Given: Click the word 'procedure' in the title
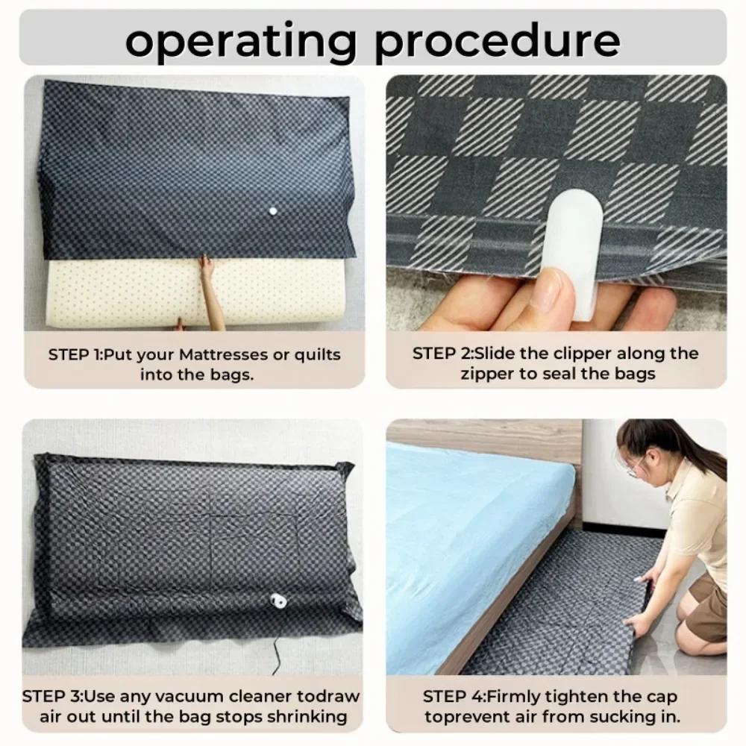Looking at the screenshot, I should tap(498, 41).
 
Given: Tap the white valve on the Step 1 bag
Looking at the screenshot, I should tap(272, 213).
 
